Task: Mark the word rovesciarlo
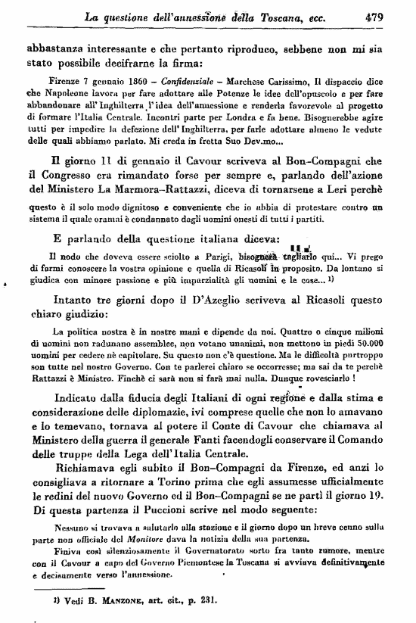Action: (x=337, y=375)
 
